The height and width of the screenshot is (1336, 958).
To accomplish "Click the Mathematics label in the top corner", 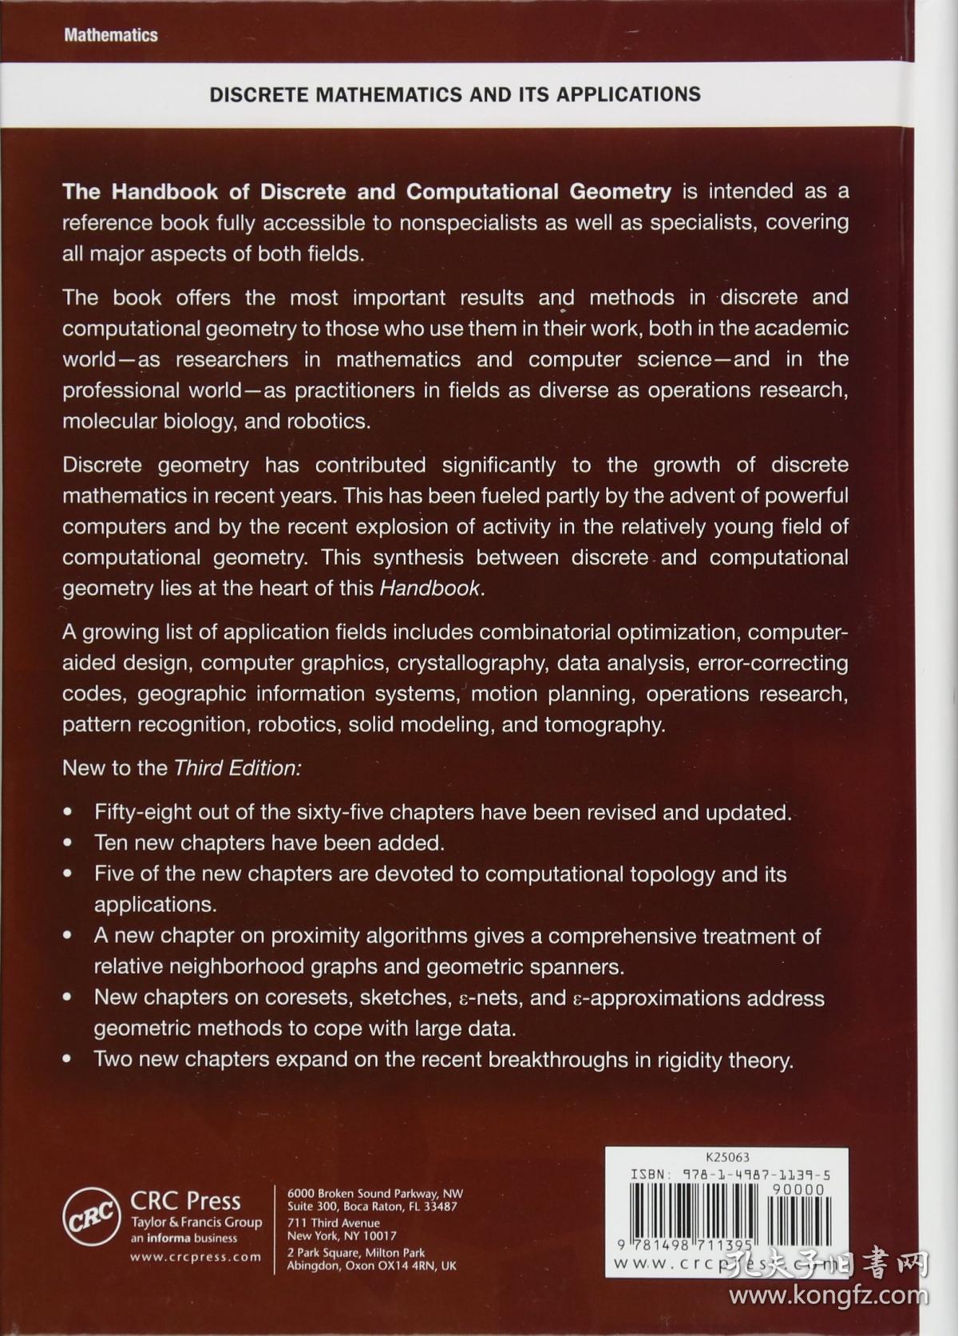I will click(111, 35).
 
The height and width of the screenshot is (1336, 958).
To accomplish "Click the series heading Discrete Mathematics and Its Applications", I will click(455, 94).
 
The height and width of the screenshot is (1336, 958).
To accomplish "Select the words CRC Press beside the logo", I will click(185, 1201).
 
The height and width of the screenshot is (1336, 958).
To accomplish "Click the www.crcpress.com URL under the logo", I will click(196, 1257).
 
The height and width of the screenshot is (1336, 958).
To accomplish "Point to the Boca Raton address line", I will click(372, 1207).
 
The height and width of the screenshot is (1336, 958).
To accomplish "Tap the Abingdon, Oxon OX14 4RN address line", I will click(371, 1266).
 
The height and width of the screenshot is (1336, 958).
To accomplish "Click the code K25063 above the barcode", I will click(727, 1157).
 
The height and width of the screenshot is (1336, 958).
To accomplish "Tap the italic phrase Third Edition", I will click(236, 768).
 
